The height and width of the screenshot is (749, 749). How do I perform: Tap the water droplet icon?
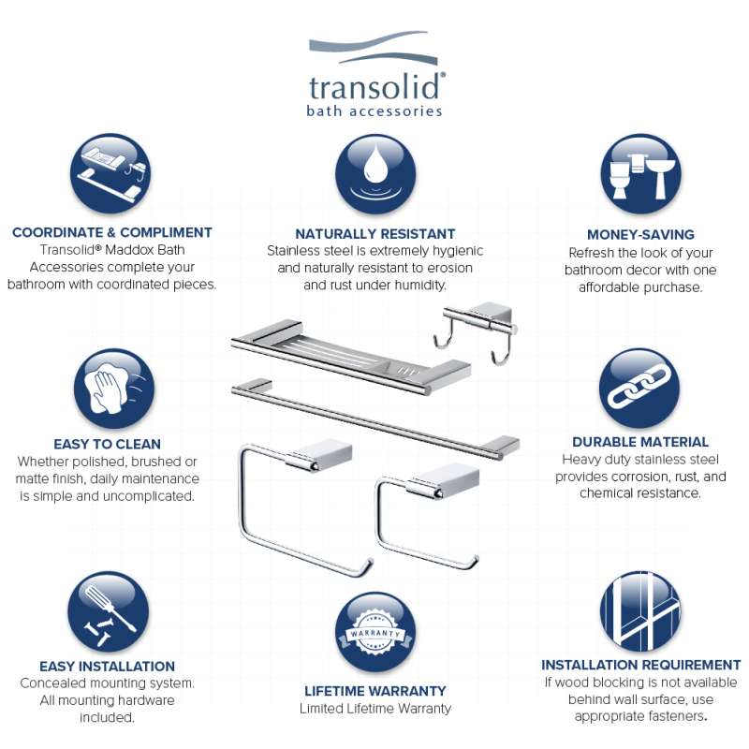coord(375,174)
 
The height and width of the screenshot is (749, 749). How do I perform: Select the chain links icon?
coord(639,388)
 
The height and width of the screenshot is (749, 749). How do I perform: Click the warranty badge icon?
coord(375,632)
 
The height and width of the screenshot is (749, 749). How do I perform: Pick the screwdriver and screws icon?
coord(108,611)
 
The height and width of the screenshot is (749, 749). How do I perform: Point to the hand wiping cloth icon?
coord(114,389)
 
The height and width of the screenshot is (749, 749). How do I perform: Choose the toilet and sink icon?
coord(641,174)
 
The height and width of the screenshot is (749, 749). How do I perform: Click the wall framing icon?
coord(640,611)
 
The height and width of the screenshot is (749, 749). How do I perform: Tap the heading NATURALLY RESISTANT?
coord(375,233)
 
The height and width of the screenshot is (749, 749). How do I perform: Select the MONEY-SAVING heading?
coord(640,235)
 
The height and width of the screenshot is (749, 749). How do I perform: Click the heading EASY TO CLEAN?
coord(107,444)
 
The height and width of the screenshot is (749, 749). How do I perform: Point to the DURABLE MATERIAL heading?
coord(640,442)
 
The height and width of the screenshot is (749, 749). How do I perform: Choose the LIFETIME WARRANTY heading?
coord(375,691)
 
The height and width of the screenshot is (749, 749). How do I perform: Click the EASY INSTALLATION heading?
coord(107,666)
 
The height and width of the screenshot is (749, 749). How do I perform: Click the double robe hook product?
coord(476,332)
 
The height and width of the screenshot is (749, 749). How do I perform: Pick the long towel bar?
coord(375,419)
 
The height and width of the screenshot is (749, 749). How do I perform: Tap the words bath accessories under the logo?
coord(374,110)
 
